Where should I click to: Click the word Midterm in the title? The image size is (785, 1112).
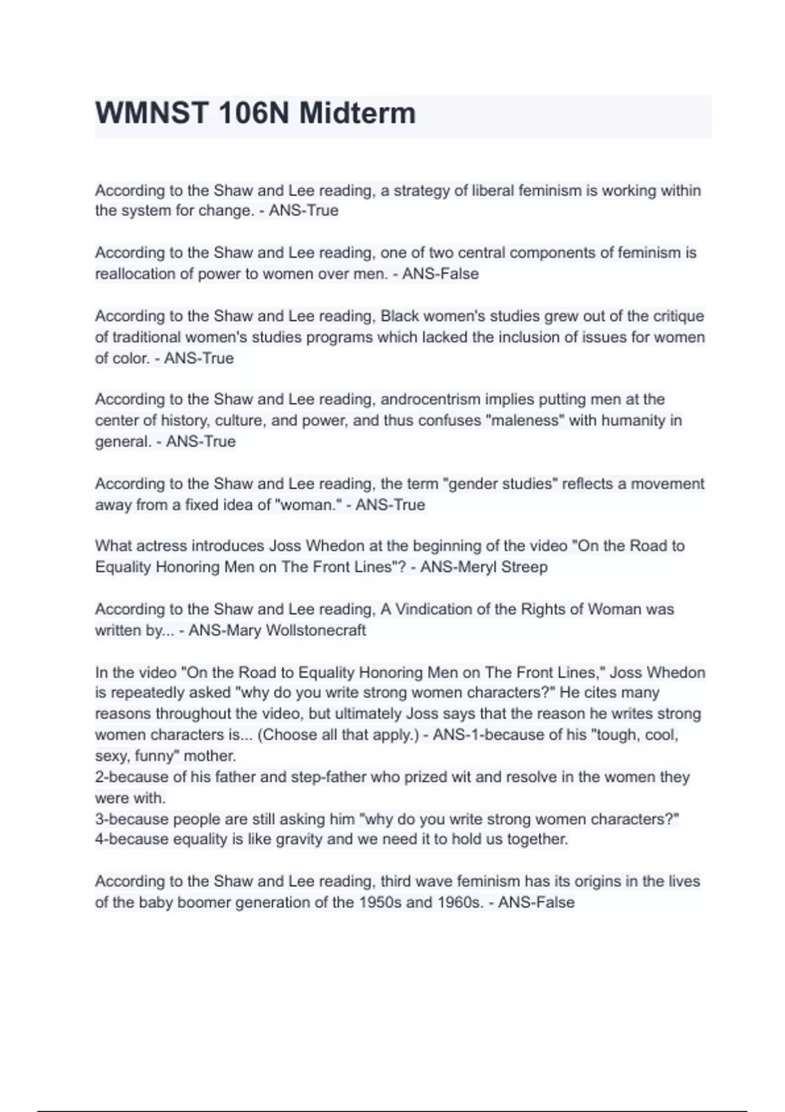coord(357,113)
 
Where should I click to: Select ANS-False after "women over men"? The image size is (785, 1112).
coord(440,274)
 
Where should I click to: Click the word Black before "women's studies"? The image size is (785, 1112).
coord(400,316)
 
